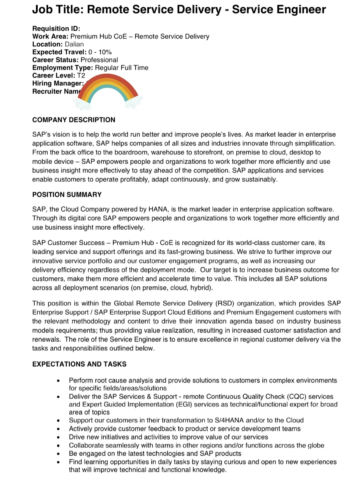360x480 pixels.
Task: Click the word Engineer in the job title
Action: pos(303,9)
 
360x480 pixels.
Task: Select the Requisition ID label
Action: pos(56,29)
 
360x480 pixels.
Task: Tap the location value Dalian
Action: pos(74,44)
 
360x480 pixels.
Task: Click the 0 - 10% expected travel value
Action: pos(100,52)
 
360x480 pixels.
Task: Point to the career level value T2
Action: pos(81,76)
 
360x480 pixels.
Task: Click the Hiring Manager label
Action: pos(58,83)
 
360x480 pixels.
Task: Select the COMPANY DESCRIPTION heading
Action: pos(74,120)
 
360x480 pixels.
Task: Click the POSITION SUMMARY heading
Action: pos(67,195)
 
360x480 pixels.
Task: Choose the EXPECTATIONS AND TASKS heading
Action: pos(79,364)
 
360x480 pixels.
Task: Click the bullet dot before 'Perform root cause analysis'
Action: pos(58,381)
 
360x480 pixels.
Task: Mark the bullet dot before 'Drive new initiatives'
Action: pos(58,437)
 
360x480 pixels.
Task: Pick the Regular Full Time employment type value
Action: pos(122,68)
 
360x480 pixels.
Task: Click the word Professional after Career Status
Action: pos(99,60)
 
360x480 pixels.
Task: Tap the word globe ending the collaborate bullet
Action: pos(316,445)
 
